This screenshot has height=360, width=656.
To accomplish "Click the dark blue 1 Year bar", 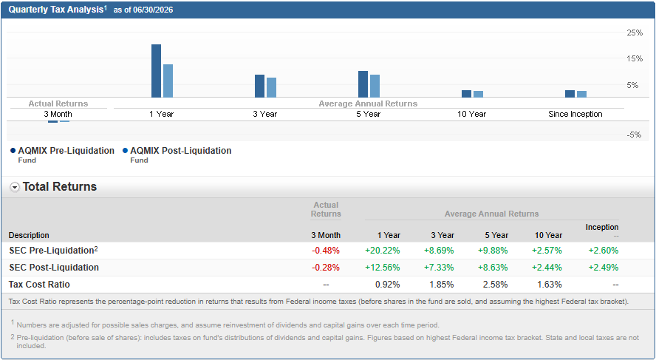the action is (x=156, y=71).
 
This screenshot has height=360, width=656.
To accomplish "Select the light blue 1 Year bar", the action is (x=168, y=81).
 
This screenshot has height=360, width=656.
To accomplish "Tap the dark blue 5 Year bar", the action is (x=363, y=84).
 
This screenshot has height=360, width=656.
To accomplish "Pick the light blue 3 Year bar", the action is (x=272, y=87).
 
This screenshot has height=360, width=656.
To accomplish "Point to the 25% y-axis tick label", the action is (x=635, y=33).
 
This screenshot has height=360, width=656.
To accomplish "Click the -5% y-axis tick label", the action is (x=633, y=135).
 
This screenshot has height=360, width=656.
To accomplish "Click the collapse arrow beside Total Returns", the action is (x=15, y=188).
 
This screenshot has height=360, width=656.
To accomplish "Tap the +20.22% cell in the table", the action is (x=383, y=251).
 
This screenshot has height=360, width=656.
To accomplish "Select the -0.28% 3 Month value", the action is (x=326, y=268).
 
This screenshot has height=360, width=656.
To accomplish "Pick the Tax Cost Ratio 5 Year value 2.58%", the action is (x=496, y=285).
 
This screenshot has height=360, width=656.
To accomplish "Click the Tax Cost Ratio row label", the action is (x=39, y=285).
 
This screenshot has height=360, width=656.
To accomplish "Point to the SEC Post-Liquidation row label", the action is (x=54, y=268).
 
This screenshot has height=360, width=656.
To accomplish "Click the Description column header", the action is (x=29, y=235).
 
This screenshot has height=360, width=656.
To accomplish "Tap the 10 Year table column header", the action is (x=548, y=235).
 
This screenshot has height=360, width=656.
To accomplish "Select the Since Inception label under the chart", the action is (x=575, y=114).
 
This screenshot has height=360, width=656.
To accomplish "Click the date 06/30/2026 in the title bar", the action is (x=153, y=10).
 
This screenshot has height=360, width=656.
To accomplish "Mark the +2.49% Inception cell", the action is (x=604, y=268).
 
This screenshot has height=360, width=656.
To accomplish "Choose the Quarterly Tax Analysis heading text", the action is (x=56, y=10).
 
